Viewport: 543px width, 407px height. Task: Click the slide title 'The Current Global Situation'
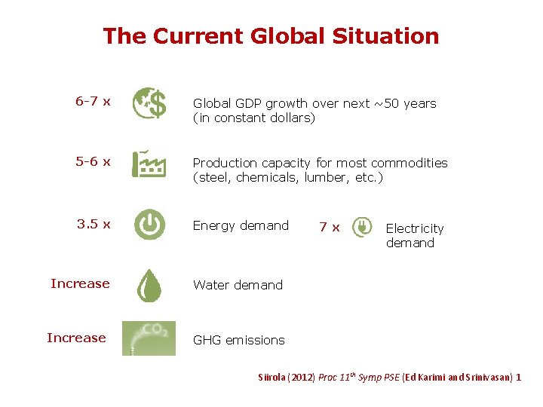(x=271, y=36)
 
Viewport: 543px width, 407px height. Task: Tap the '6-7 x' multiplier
(x=94, y=101)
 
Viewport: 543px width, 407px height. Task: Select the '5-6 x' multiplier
(x=94, y=161)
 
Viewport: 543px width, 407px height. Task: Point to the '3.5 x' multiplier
(x=94, y=224)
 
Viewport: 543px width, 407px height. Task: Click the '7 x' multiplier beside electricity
(x=330, y=227)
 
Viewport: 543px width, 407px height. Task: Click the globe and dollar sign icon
(x=149, y=103)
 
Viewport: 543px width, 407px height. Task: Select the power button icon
(x=149, y=225)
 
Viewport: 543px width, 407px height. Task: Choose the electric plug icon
(x=363, y=227)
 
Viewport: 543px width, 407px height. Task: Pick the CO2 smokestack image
(x=149, y=338)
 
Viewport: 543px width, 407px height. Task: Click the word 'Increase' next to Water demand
(x=80, y=283)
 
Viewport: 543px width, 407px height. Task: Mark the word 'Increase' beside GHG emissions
(x=76, y=338)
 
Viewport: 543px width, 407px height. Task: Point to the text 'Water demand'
(x=238, y=285)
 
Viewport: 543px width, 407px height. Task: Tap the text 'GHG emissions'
(x=238, y=340)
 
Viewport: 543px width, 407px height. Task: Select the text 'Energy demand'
(x=241, y=225)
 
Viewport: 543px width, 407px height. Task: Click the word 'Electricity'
(x=415, y=228)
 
